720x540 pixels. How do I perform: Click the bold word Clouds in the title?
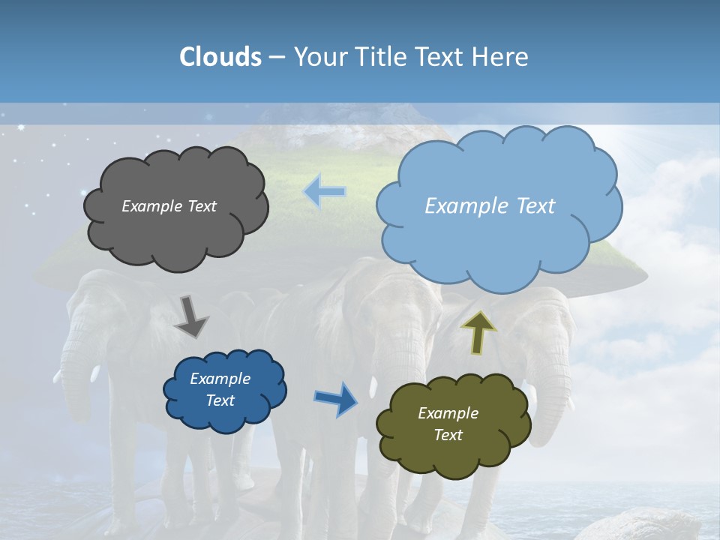(220, 57)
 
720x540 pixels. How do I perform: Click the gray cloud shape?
(175, 232)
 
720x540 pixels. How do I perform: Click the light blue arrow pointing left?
(324, 192)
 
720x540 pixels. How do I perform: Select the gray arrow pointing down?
(190, 316)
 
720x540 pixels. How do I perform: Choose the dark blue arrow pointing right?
(336, 399)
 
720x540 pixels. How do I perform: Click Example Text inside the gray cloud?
(169, 206)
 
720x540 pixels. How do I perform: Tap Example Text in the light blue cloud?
(490, 206)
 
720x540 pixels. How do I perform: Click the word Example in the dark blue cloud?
(220, 379)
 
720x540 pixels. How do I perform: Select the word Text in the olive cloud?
(448, 435)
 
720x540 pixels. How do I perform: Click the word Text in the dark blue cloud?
(220, 400)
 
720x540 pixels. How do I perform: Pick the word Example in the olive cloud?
(448, 413)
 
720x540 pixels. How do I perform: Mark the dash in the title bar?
(277, 57)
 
